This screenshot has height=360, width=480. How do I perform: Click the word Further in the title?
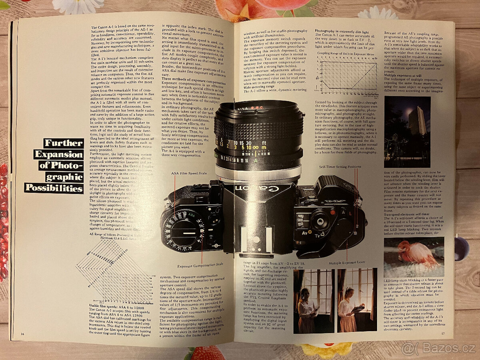tap(63, 143)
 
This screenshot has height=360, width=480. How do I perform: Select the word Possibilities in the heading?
tap(54, 188)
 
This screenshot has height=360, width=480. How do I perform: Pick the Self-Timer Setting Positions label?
tap(340, 166)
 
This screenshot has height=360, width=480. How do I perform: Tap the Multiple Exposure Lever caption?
tap(347, 264)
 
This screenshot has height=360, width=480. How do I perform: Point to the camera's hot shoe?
tap(256, 236)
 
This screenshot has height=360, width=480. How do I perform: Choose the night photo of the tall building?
tap(407, 132)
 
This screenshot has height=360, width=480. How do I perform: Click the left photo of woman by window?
tap(314, 301)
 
